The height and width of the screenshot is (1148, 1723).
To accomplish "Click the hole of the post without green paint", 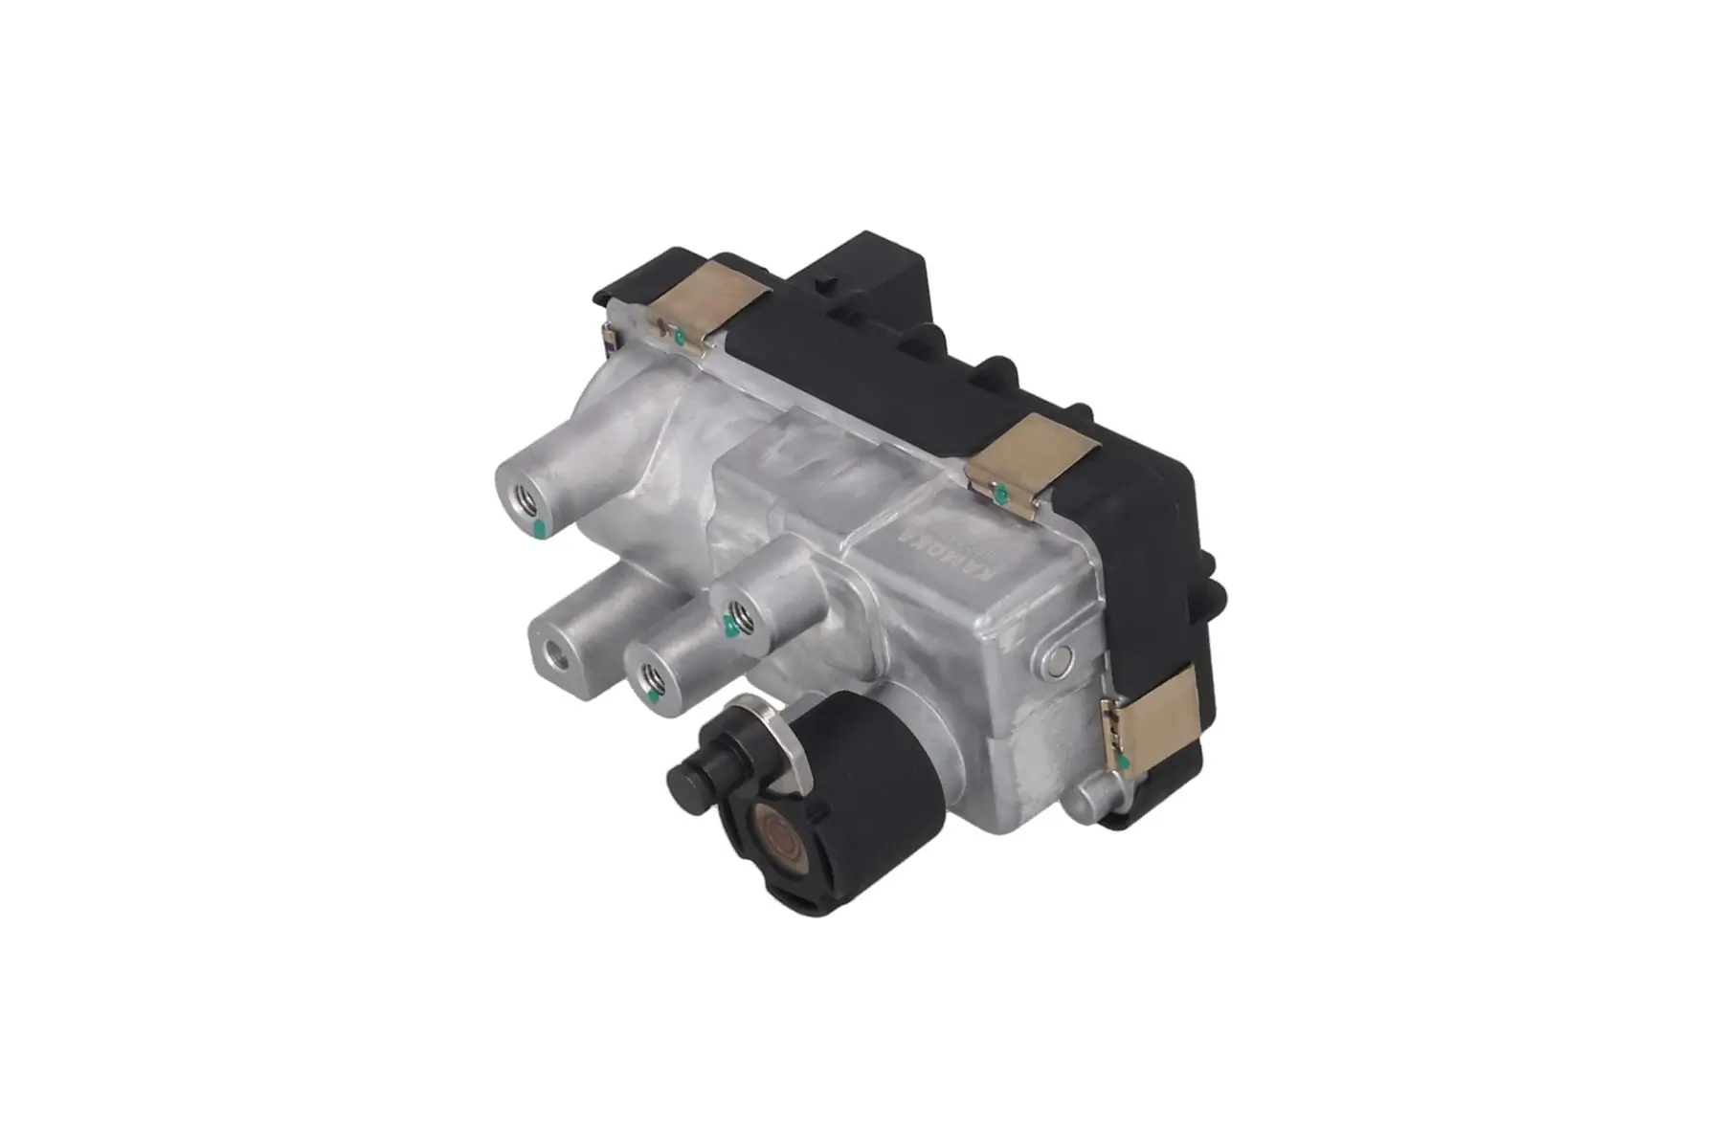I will tap(554, 655).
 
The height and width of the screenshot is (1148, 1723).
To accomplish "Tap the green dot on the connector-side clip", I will tap(678, 336).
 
